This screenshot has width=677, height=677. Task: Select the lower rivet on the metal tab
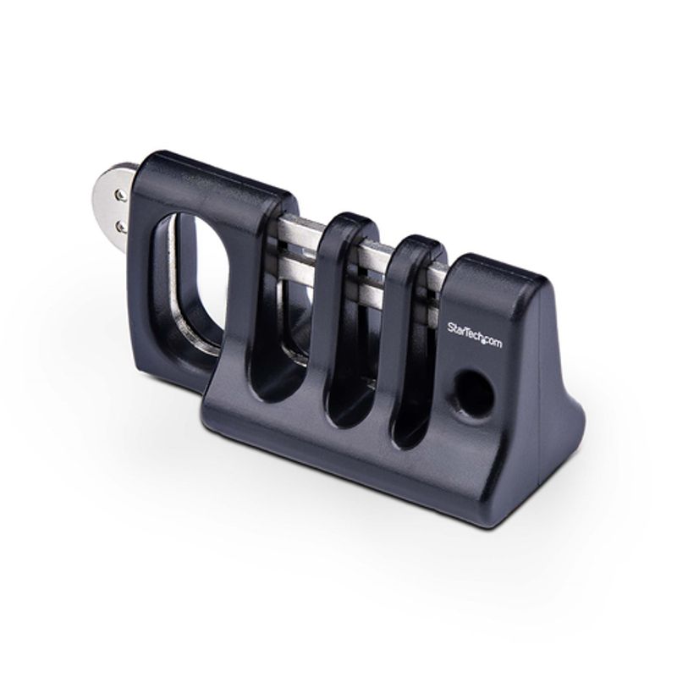120,225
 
